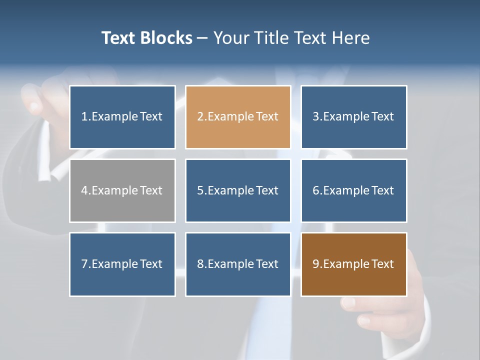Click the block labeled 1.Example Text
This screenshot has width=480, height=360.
(122, 117)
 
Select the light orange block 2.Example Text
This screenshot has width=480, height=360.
(238, 117)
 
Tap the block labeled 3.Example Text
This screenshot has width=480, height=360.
(353, 117)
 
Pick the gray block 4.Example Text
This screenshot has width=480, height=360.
(122, 190)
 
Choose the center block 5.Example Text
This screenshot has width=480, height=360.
(238, 190)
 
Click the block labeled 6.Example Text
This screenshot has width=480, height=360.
(353, 190)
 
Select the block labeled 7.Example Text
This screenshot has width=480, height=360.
(122, 264)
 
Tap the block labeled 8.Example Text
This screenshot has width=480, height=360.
(238, 264)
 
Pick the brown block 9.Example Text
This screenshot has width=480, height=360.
(353, 264)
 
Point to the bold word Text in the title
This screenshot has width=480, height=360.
(118, 38)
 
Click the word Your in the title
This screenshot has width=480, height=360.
(230, 38)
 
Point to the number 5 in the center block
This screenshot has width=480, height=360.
(200, 190)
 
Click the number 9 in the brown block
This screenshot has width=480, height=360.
(316, 264)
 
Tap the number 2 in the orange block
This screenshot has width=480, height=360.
(200, 117)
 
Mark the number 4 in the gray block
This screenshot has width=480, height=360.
(84, 190)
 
